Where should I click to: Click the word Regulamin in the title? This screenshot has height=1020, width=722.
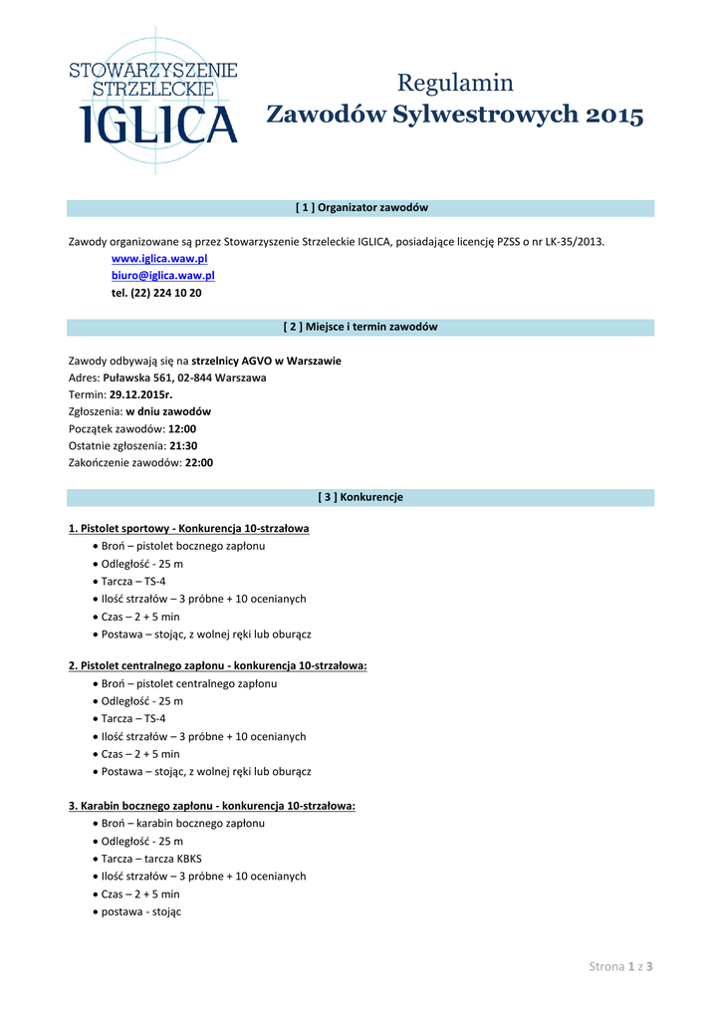click(x=455, y=83)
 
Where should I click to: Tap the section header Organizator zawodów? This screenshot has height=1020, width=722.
click(x=361, y=207)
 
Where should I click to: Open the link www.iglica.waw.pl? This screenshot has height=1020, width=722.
click(x=159, y=258)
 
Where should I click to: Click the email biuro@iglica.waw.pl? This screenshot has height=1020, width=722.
click(x=162, y=275)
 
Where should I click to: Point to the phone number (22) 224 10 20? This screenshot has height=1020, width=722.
click(x=166, y=293)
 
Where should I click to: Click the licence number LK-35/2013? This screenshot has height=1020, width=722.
click(x=568, y=241)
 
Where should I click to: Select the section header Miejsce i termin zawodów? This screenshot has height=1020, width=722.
click(x=361, y=327)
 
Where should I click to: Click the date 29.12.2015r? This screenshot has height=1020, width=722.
click(x=140, y=394)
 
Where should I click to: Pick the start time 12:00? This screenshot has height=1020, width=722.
click(x=182, y=428)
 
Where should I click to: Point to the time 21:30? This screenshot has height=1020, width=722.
click(x=183, y=445)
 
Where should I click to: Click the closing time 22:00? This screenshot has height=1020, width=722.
click(x=199, y=462)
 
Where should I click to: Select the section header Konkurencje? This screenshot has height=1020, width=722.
click(x=361, y=497)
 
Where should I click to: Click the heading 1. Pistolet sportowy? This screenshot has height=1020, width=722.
click(x=188, y=528)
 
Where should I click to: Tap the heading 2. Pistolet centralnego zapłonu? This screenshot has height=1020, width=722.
click(x=217, y=665)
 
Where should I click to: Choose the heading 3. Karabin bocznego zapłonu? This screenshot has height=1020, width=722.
click(x=211, y=805)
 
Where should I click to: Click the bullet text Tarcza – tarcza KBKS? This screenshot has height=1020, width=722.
click(x=151, y=859)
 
